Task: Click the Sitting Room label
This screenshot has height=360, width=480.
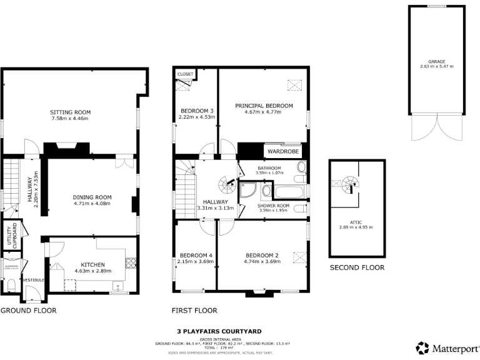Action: pos(70,112)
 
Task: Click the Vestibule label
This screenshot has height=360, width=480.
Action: pos(32,280)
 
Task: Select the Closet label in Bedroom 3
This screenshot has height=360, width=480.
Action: pos(186,74)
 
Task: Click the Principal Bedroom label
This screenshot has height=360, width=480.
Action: pos(264,106)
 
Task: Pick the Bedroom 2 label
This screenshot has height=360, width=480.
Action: pos(262,255)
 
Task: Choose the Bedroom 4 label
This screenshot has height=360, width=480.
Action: pos(196,255)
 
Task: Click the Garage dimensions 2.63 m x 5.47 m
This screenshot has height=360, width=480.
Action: pos(437,66)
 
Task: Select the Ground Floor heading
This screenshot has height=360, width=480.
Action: pos(28,310)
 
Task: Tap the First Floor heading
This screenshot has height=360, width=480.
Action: pos(194,310)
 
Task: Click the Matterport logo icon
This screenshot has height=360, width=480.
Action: pos(423,347)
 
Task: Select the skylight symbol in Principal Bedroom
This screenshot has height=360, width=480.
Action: pos(292,85)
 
